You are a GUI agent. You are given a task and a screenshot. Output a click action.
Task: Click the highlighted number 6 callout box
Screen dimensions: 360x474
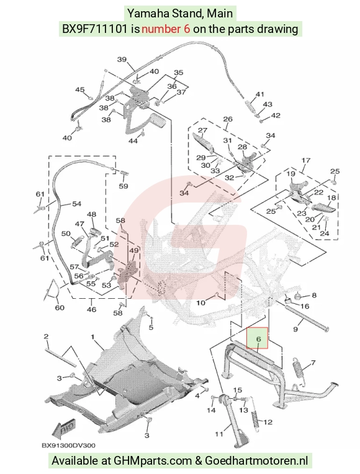[258, 338]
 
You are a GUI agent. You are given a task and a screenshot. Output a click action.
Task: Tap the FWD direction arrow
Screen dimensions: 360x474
[64, 429]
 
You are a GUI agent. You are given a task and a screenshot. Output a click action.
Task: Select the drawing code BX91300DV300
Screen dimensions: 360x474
[68, 445]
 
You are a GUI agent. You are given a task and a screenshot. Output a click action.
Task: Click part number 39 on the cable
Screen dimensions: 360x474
[122, 59]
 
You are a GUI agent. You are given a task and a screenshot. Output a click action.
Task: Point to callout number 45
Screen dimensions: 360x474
[80, 90]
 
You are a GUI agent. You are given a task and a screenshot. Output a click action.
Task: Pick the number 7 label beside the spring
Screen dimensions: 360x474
[313, 362]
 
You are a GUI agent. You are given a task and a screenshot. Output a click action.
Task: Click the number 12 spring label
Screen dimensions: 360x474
[268, 422]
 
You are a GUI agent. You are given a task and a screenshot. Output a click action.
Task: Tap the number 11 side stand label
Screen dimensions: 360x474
[219, 434]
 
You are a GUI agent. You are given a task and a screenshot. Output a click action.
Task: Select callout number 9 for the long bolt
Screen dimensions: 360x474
[295, 329]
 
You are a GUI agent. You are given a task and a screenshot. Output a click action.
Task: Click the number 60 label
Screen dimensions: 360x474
[60, 308]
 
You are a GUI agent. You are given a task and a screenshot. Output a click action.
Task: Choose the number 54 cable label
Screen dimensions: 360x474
[77, 204]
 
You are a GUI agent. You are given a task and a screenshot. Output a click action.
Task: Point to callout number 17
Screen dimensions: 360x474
[305, 160]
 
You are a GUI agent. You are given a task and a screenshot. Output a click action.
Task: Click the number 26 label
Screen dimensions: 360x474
[228, 119]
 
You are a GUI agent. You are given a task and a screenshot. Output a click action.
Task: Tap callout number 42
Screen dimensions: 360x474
[276, 116]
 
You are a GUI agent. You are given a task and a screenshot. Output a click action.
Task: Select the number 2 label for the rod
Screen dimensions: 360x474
[46, 337]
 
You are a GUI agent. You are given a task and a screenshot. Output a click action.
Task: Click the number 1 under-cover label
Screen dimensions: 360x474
[92, 337]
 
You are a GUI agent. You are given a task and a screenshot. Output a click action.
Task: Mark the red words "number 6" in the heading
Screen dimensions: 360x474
[166, 29]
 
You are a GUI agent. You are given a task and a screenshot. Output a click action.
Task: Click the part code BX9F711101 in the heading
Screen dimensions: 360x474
[94, 29]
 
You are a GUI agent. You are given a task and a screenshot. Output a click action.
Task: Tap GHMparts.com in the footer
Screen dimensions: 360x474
[153, 461]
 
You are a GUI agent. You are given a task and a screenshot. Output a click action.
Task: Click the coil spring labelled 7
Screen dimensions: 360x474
[299, 373]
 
